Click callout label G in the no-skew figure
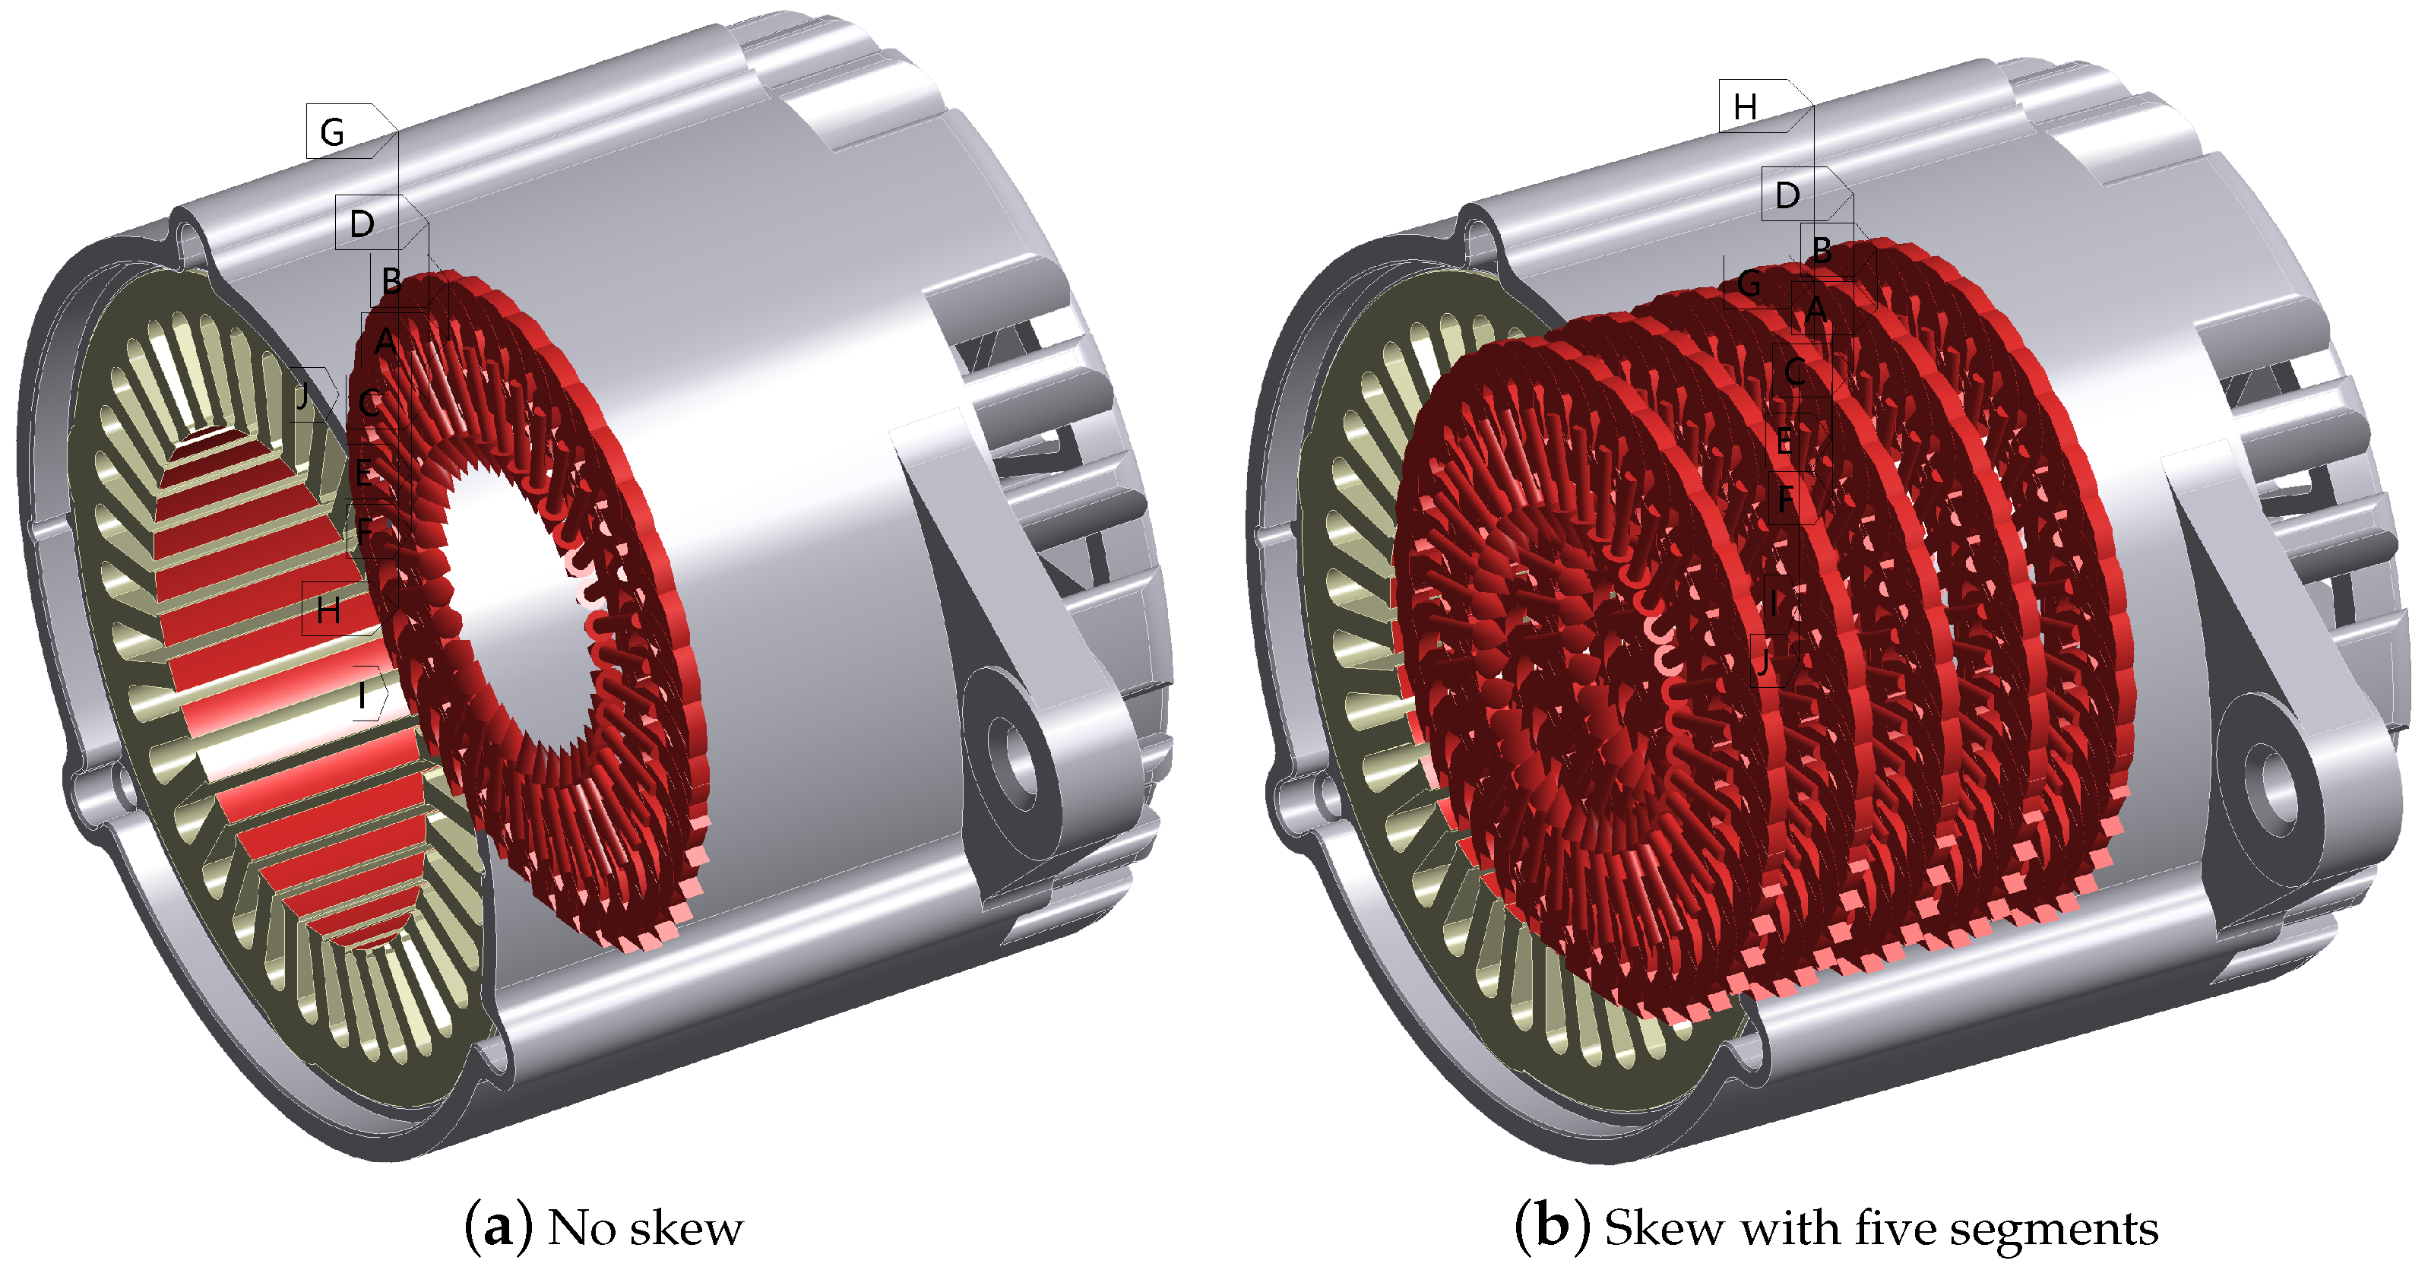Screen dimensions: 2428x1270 pyautogui.click(x=332, y=132)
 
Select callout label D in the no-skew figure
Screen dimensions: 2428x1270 pyautogui.click(x=362, y=224)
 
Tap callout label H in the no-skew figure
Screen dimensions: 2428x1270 pyautogui.click(x=328, y=611)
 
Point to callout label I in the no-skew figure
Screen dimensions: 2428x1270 pyautogui.click(x=363, y=695)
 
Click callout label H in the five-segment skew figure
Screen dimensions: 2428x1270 pyautogui.click(x=1745, y=106)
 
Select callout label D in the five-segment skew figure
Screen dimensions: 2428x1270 pyautogui.click(x=1787, y=195)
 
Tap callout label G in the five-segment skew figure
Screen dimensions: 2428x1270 pyautogui.click(x=1749, y=283)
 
